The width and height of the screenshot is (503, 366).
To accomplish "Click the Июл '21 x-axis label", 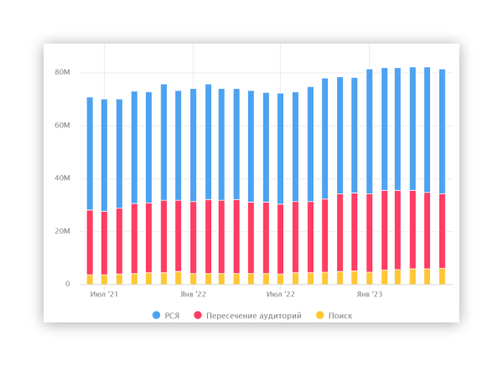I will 104,295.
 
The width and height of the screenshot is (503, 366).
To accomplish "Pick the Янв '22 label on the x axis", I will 194,295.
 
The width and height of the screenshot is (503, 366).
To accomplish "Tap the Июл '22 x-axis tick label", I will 281,295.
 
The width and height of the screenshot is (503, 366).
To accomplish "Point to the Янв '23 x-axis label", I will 370,295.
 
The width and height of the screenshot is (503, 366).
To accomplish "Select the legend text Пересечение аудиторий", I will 254,316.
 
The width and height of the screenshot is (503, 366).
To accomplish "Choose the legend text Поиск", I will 340,316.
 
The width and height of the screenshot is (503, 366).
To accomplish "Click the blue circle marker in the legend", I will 157,316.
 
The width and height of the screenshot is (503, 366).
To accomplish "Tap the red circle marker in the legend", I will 198,316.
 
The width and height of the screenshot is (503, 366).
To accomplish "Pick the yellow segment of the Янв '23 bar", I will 370,278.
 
